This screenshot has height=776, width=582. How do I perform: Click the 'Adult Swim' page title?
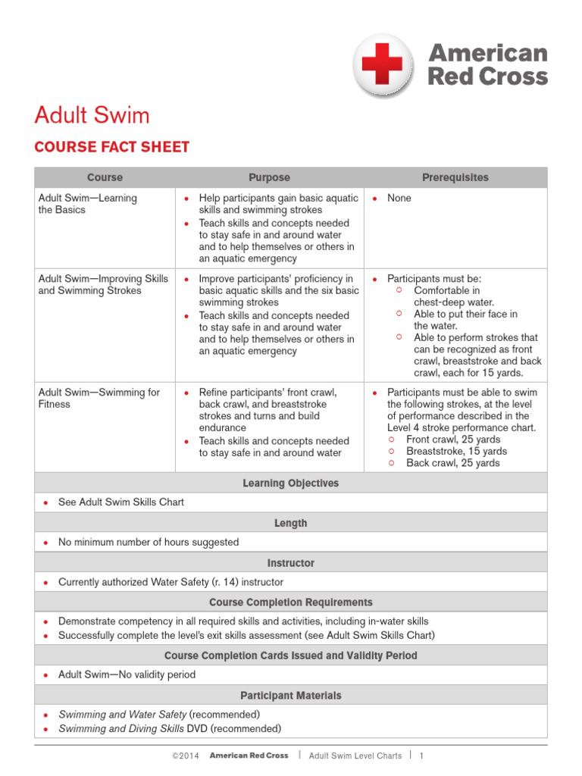coord(92,115)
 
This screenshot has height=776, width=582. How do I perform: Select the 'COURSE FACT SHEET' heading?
coord(111,147)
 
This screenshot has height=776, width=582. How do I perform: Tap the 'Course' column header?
coord(105,177)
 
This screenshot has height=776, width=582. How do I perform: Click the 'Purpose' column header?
coord(269,177)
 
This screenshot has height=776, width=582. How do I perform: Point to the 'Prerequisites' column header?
coord(455,177)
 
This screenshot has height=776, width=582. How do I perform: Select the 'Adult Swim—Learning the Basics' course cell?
coord(87,204)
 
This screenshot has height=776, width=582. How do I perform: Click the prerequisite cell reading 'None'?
coord(399,198)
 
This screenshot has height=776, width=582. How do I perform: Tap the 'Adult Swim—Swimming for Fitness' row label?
coord(99,398)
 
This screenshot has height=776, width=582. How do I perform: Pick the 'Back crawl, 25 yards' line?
coord(452,463)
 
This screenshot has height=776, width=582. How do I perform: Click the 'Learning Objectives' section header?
coord(290,483)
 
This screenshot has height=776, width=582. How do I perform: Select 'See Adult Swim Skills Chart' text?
coord(120,502)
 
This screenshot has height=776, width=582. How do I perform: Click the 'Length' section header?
coord(290,523)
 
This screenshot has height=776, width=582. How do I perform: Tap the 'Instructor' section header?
coord(290,563)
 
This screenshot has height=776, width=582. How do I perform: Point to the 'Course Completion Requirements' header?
coord(290,602)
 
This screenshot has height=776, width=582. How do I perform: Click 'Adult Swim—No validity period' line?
coord(127,674)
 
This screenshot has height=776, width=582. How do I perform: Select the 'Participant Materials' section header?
coord(290,695)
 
